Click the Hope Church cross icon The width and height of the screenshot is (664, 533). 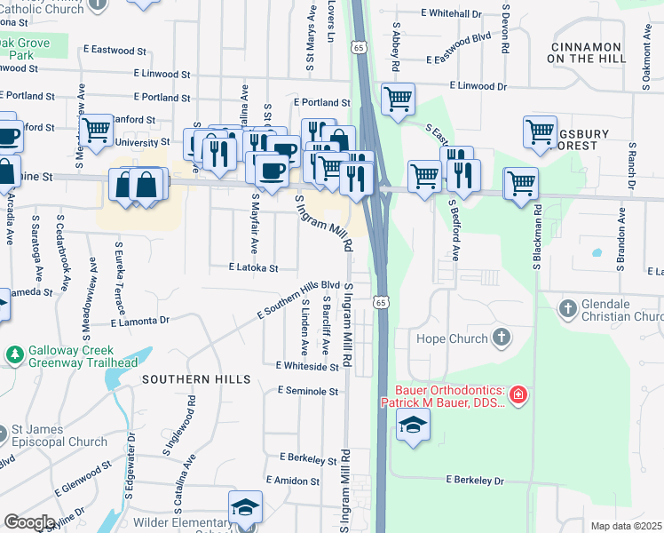click(502, 338)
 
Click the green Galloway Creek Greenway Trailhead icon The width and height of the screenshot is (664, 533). click(14, 355)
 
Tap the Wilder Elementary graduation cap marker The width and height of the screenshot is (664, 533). click(245, 507)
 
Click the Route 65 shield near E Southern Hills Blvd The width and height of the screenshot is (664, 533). click(381, 303)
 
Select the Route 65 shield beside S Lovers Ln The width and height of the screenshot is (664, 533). click(358, 45)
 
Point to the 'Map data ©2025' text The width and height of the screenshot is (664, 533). click(626, 526)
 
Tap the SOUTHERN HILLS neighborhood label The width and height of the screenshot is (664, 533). click(194, 379)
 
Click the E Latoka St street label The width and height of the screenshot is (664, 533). click(253, 266)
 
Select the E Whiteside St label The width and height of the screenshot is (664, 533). click(307, 365)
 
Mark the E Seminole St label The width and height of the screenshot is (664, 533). click(308, 390)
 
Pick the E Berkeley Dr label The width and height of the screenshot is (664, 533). click(474, 481)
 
